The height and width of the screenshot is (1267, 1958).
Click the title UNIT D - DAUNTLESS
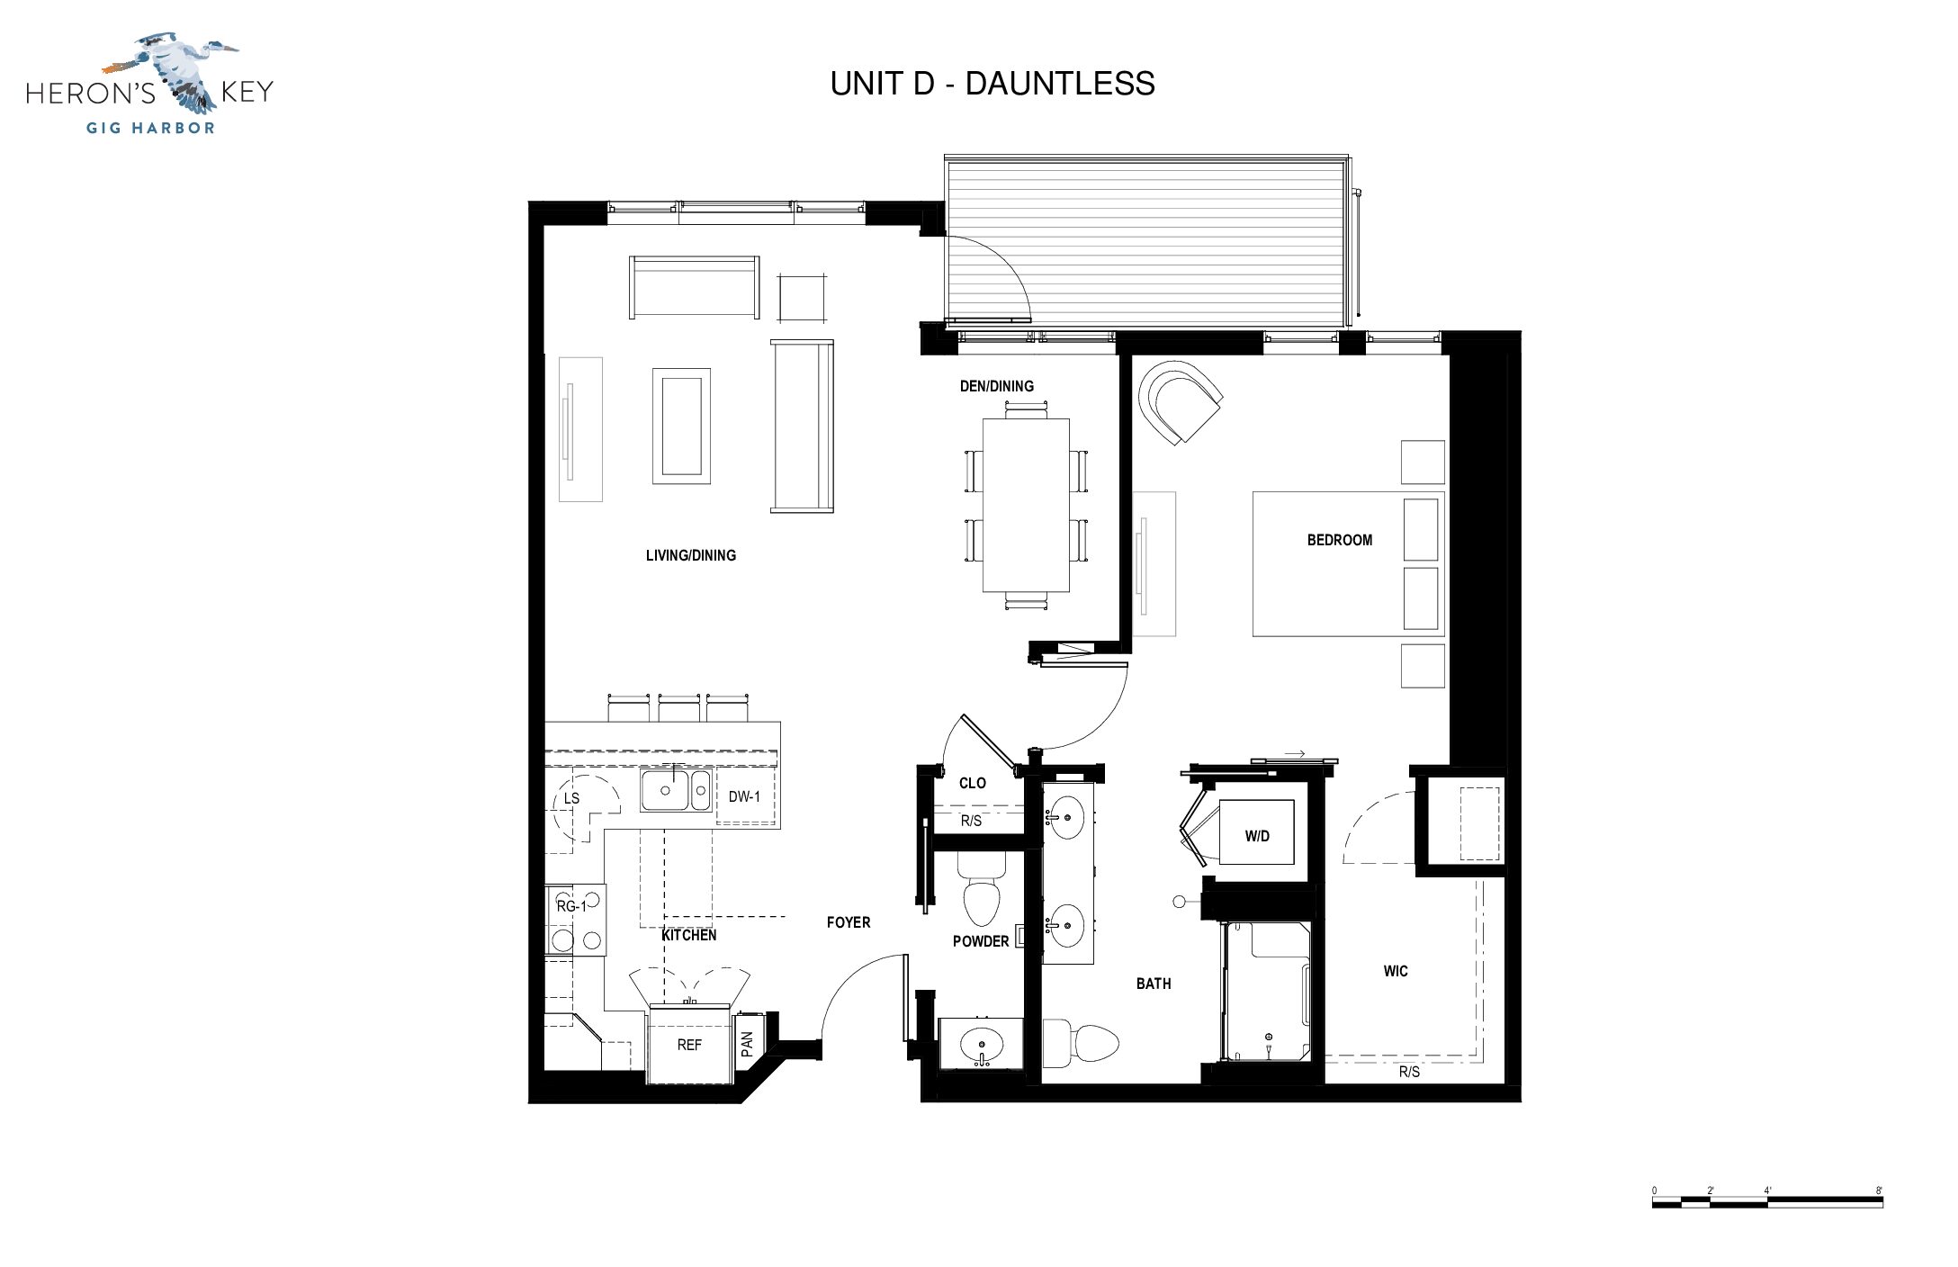[992, 84]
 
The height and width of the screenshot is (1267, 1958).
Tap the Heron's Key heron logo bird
[171, 72]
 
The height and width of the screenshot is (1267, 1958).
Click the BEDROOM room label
[1340, 540]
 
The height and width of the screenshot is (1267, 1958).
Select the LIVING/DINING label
[691, 555]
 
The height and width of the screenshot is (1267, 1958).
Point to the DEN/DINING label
[997, 386]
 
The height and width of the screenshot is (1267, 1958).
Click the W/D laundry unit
[1257, 836]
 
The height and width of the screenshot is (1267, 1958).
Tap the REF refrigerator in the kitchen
[689, 1045]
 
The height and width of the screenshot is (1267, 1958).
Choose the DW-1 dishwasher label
[744, 796]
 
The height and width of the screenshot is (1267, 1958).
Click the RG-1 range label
[570, 906]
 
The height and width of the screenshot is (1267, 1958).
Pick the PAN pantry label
[747, 1044]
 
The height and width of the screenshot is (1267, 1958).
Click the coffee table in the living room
[681, 427]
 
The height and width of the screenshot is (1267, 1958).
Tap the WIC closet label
[1396, 971]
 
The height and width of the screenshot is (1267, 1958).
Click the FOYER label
[849, 922]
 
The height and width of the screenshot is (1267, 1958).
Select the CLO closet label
[973, 783]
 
